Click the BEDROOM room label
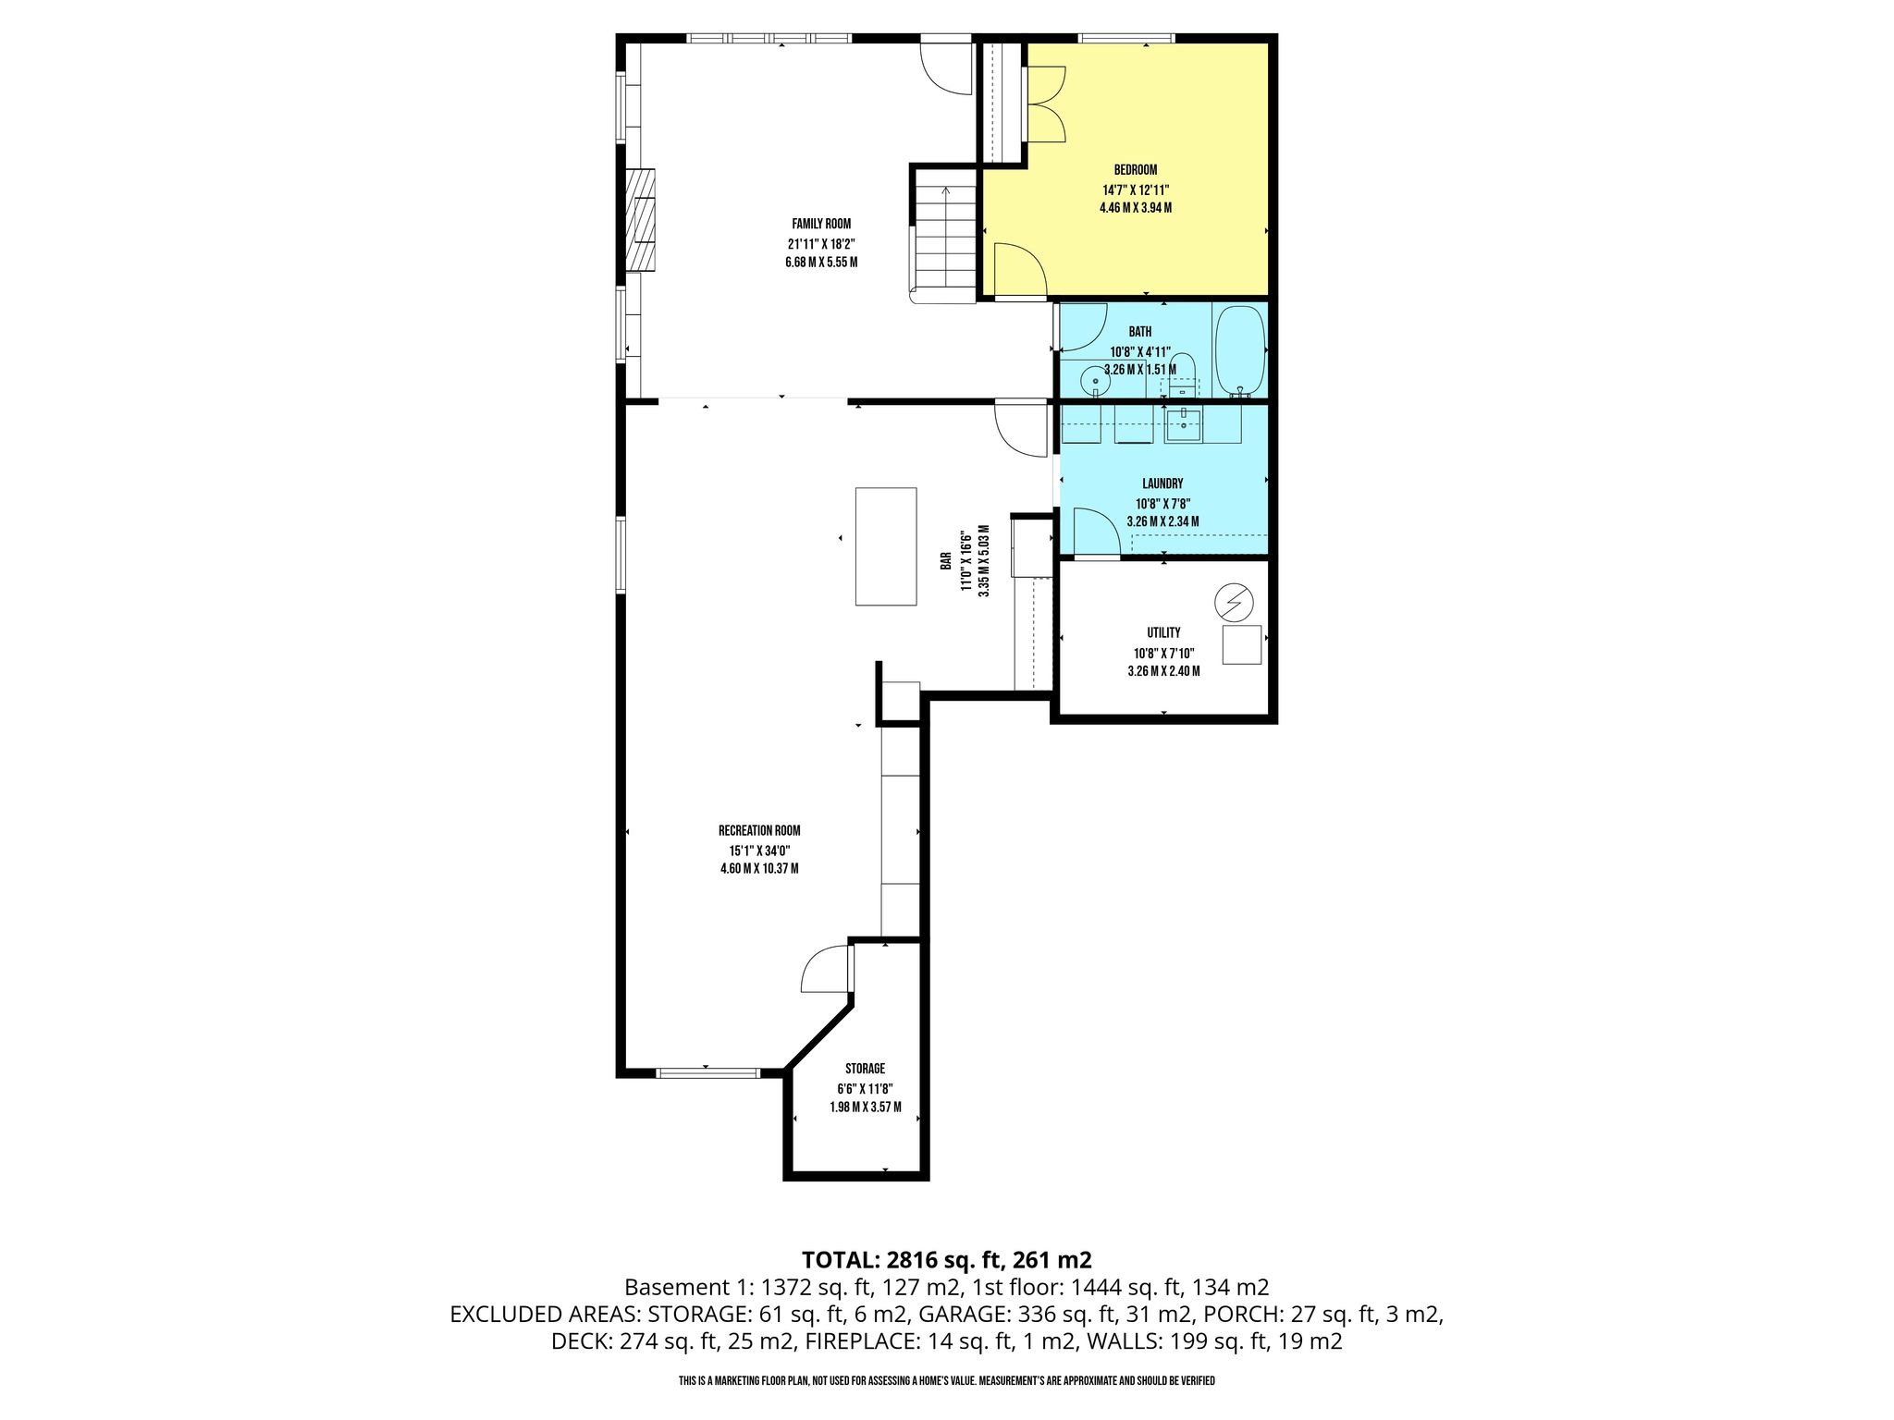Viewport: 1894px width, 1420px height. [x=1135, y=170]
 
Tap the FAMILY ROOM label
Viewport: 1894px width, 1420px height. [x=821, y=224]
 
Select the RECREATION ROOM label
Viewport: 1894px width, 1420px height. [x=759, y=830]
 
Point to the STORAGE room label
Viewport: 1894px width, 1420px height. [x=865, y=1069]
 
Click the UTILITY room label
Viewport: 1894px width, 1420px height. [x=1163, y=633]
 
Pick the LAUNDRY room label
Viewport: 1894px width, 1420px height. [x=1162, y=484]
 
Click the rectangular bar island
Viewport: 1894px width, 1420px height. [x=886, y=546]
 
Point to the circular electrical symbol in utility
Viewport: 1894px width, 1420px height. [x=1234, y=604]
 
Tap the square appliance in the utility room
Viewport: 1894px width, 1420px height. [x=1242, y=644]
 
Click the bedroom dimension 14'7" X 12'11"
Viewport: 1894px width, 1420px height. [x=1136, y=190]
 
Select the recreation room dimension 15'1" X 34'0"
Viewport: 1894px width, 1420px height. [x=759, y=851]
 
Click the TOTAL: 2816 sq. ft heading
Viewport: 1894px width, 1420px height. [x=947, y=1259]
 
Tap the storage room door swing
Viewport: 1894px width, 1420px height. [x=825, y=969]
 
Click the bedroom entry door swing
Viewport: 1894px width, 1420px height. [x=1020, y=270]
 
